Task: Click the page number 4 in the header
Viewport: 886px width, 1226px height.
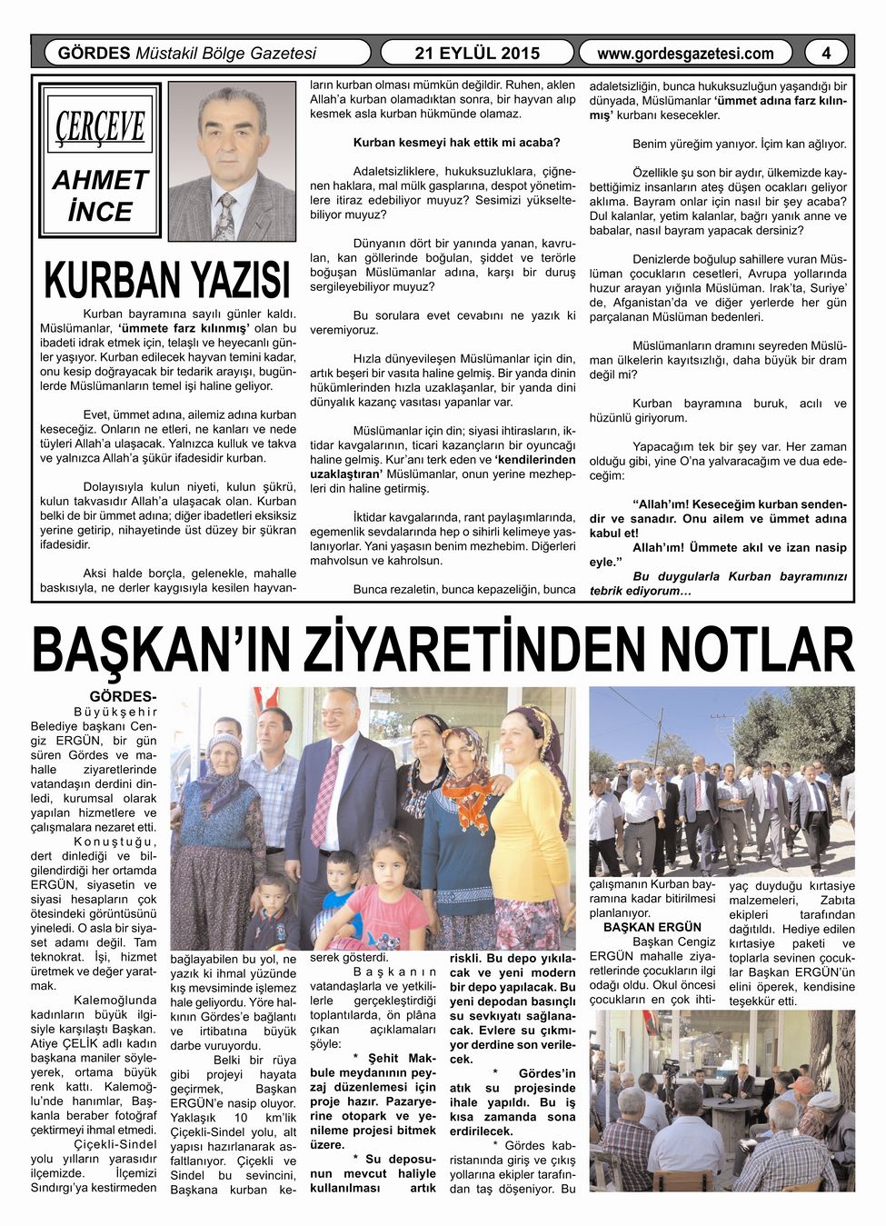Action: pos(825,53)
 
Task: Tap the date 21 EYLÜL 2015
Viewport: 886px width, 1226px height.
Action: pos(477,53)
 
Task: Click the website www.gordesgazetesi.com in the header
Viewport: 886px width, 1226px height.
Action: pos(685,54)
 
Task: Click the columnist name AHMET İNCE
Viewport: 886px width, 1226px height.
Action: pos(100,195)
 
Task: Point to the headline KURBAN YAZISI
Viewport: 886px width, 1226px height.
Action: pos(167,279)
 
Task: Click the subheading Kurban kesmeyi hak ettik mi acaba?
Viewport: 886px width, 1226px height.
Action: pos(456,143)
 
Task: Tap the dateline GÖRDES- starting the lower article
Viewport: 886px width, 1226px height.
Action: pos(123,697)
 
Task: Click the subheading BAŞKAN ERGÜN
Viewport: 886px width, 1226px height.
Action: pos(652,927)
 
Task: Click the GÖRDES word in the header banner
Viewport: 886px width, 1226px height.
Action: pos(94,53)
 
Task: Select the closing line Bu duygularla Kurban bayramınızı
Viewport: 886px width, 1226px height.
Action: pos(740,576)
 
